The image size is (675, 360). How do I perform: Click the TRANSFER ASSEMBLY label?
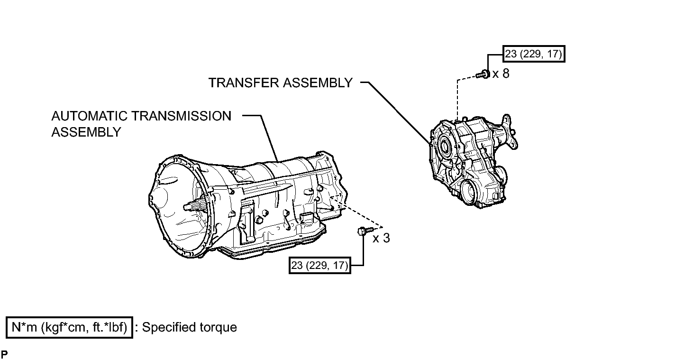tap(281, 83)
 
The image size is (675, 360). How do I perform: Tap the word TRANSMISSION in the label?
tap(182, 116)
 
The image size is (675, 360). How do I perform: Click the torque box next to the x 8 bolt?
tap(534, 54)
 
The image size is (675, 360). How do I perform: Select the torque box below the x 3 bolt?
tap(319, 265)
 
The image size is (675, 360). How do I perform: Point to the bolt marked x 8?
tap(483, 74)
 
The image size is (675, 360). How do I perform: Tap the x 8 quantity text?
tap(501, 74)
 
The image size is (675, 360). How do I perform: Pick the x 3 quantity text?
tap(381, 238)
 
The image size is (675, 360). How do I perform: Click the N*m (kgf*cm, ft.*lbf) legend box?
tap(69, 327)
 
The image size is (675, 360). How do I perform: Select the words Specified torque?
tap(190, 327)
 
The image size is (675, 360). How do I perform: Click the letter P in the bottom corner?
tap(4, 355)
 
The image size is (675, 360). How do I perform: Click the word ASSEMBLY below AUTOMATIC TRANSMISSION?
tap(86, 132)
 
